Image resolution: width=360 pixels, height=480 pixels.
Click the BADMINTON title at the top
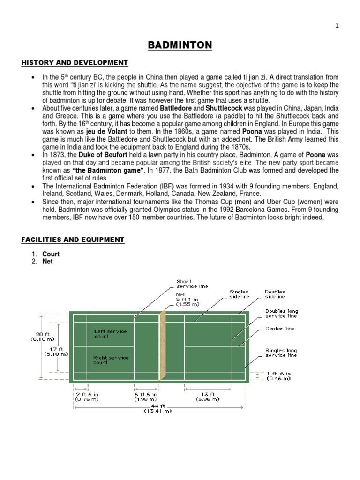coord(180,45)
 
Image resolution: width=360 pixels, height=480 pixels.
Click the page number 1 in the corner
coord(337,26)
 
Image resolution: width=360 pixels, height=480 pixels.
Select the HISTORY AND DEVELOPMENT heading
coord(74,63)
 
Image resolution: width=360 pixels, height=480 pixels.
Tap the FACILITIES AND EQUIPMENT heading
coord(73,240)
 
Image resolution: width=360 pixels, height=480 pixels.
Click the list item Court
coord(51,254)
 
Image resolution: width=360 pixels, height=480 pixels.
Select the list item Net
coord(47,262)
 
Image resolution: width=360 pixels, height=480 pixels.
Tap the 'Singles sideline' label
coord(239,294)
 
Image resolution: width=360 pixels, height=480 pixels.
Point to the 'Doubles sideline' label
coord(275,294)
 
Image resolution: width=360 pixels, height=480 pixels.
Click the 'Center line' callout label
coord(280,329)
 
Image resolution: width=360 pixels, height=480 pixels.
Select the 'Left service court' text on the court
coord(110,334)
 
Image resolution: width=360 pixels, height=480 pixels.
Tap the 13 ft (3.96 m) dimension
coord(208,397)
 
